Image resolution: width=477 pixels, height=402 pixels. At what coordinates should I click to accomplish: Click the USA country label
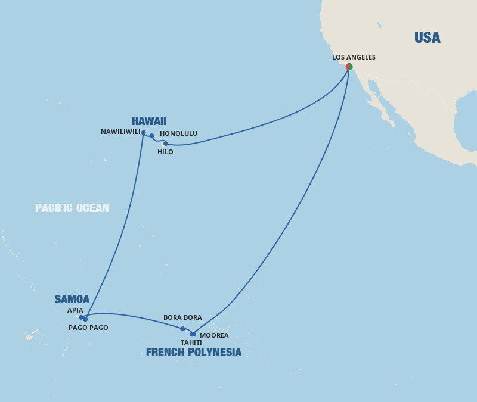point(427,38)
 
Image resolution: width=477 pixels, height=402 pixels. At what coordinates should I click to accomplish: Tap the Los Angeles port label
point(354,57)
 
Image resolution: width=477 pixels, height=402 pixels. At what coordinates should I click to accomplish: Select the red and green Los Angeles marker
point(349,67)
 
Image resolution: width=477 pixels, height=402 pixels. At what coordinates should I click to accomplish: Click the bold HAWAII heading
point(149,121)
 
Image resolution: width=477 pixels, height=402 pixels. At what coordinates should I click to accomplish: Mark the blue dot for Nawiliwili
point(144,133)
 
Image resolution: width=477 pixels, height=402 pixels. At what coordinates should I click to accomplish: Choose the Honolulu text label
point(178,133)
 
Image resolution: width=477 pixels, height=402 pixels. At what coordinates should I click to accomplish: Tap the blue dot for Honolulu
point(152,136)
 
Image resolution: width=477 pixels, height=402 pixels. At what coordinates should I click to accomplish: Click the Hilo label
point(165,152)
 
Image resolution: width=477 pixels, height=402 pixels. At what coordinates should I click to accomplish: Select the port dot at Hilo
point(166,144)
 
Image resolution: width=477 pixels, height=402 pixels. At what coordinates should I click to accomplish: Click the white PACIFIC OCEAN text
point(72,208)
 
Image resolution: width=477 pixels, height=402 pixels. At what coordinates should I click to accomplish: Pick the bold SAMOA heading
point(72,300)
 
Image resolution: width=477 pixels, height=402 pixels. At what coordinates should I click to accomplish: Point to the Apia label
point(75,310)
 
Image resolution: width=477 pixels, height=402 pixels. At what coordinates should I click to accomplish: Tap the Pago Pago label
point(88,328)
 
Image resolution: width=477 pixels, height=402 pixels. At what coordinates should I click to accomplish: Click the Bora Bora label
point(182,317)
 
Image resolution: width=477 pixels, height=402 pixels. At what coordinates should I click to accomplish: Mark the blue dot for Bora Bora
point(182,329)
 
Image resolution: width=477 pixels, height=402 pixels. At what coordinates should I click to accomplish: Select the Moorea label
point(214,335)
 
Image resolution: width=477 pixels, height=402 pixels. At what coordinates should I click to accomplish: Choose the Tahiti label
point(191,342)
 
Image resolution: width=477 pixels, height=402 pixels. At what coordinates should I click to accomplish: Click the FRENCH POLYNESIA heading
point(194,353)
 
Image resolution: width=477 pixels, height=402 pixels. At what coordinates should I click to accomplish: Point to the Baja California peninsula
point(379,102)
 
